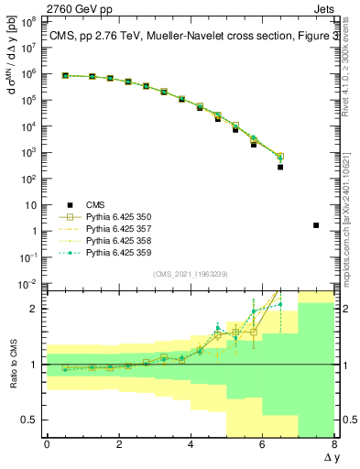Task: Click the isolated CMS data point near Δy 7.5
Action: click(316, 225)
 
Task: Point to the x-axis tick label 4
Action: click(191, 445)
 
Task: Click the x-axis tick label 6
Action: click(263, 445)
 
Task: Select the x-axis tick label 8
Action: click(334, 445)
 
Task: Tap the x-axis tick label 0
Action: click(47, 445)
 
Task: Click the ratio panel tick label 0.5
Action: click(27, 420)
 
